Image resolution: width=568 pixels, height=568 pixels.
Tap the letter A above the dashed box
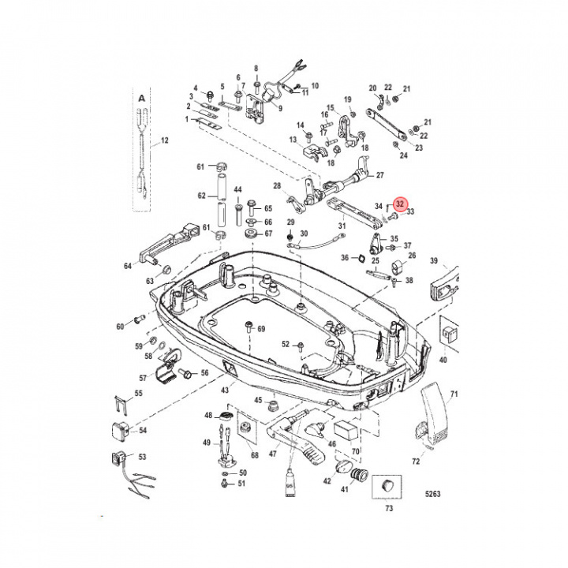click(142, 98)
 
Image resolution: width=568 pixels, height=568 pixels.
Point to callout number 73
click(388, 508)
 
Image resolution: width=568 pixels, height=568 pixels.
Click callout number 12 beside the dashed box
click(165, 142)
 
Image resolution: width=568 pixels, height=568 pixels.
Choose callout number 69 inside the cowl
click(262, 328)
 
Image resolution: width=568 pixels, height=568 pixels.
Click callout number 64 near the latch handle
click(128, 266)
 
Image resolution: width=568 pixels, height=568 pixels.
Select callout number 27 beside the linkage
click(379, 175)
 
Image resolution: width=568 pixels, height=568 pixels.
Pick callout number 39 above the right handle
click(433, 261)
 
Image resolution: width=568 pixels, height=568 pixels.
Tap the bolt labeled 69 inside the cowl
click(249, 327)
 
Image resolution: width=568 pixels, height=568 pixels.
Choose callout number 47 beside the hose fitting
click(273, 454)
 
